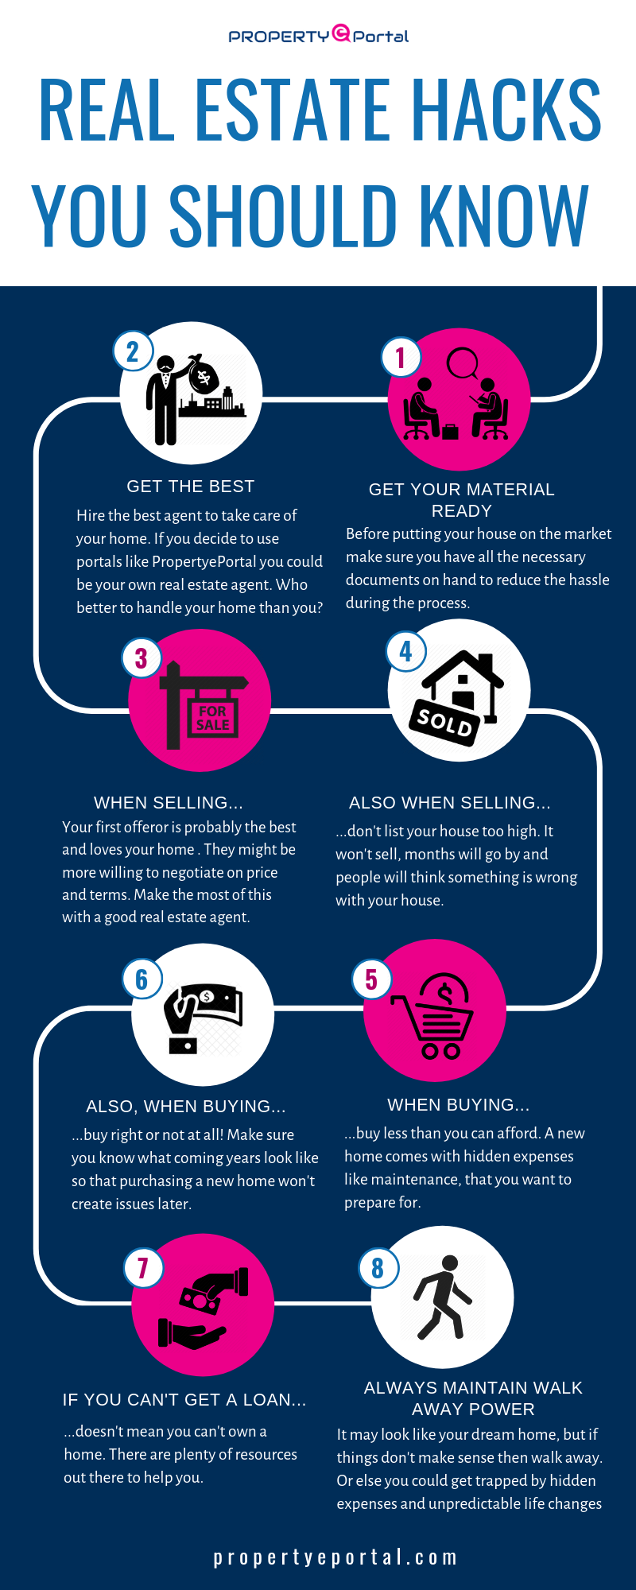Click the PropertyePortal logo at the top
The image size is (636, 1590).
point(318,35)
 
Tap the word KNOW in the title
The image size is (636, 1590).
point(504,215)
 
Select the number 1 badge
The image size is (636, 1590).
point(401,358)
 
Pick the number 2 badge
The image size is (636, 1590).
point(133,351)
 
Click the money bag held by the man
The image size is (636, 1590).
point(203,374)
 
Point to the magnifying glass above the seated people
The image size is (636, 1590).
point(461,364)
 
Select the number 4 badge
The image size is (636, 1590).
point(406,651)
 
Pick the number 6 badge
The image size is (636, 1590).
point(142,979)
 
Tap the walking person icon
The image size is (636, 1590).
point(441,1297)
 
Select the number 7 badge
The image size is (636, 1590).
point(143,1267)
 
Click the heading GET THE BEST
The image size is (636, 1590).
point(191,487)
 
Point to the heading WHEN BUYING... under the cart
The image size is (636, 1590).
point(458,1105)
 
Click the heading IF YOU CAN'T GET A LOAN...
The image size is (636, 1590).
point(184,1400)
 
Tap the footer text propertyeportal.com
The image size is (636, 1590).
point(335,1557)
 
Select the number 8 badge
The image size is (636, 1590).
point(378,1267)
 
